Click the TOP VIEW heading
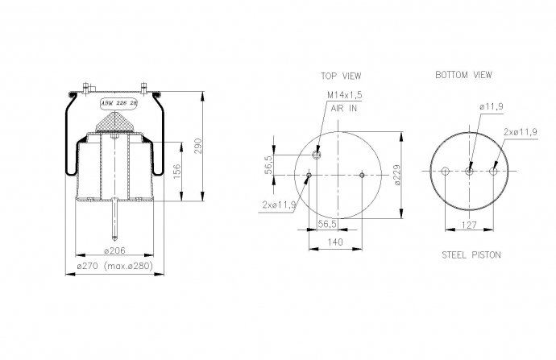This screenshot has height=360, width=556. point(341,76)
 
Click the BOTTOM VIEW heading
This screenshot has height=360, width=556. point(463,75)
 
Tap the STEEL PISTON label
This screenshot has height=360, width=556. point(471,254)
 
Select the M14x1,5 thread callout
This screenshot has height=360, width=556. point(344,94)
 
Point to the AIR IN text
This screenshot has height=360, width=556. point(343,109)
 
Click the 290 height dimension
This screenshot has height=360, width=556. point(198,146)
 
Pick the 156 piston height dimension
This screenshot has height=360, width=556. point(177,172)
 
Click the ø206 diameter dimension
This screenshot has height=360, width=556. point(114,250)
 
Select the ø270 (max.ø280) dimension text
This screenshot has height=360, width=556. point(115,266)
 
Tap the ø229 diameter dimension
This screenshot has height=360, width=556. point(397,174)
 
